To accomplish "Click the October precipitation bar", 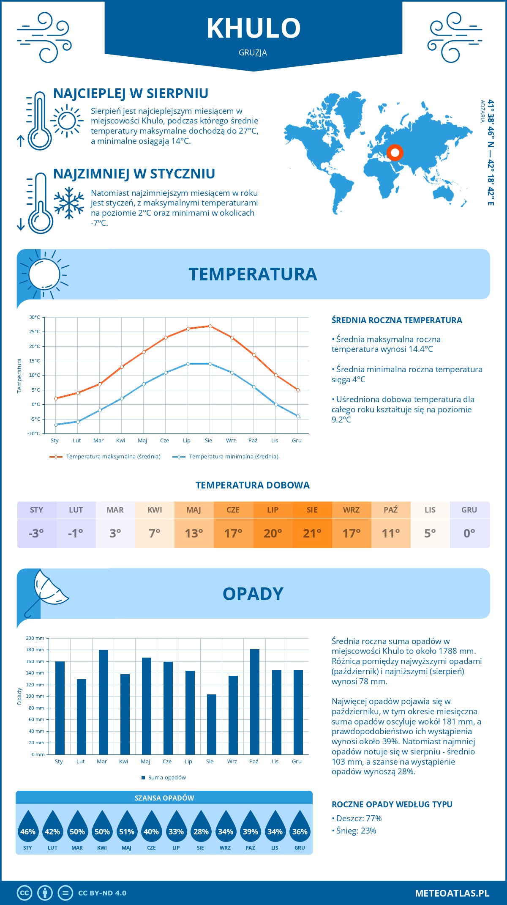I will [x=255, y=702].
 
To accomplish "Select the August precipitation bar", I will [x=212, y=724].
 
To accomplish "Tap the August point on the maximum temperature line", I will [x=210, y=326].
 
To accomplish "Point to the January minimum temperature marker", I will [x=56, y=425].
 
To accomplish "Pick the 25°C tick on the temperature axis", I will [x=35, y=332].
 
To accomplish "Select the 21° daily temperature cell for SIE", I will [x=312, y=533].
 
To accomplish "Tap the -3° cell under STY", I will [x=36, y=533].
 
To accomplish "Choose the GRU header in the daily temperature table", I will [x=469, y=510].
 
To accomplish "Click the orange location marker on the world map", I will [x=395, y=153].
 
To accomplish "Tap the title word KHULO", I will [x=253, y=28].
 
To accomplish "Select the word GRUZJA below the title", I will [x=253, y=53].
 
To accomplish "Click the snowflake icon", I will [x=69, y=203].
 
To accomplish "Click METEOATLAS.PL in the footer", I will [x=452, y=893].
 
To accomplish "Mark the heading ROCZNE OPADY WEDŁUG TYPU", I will [x=392, y=804].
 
